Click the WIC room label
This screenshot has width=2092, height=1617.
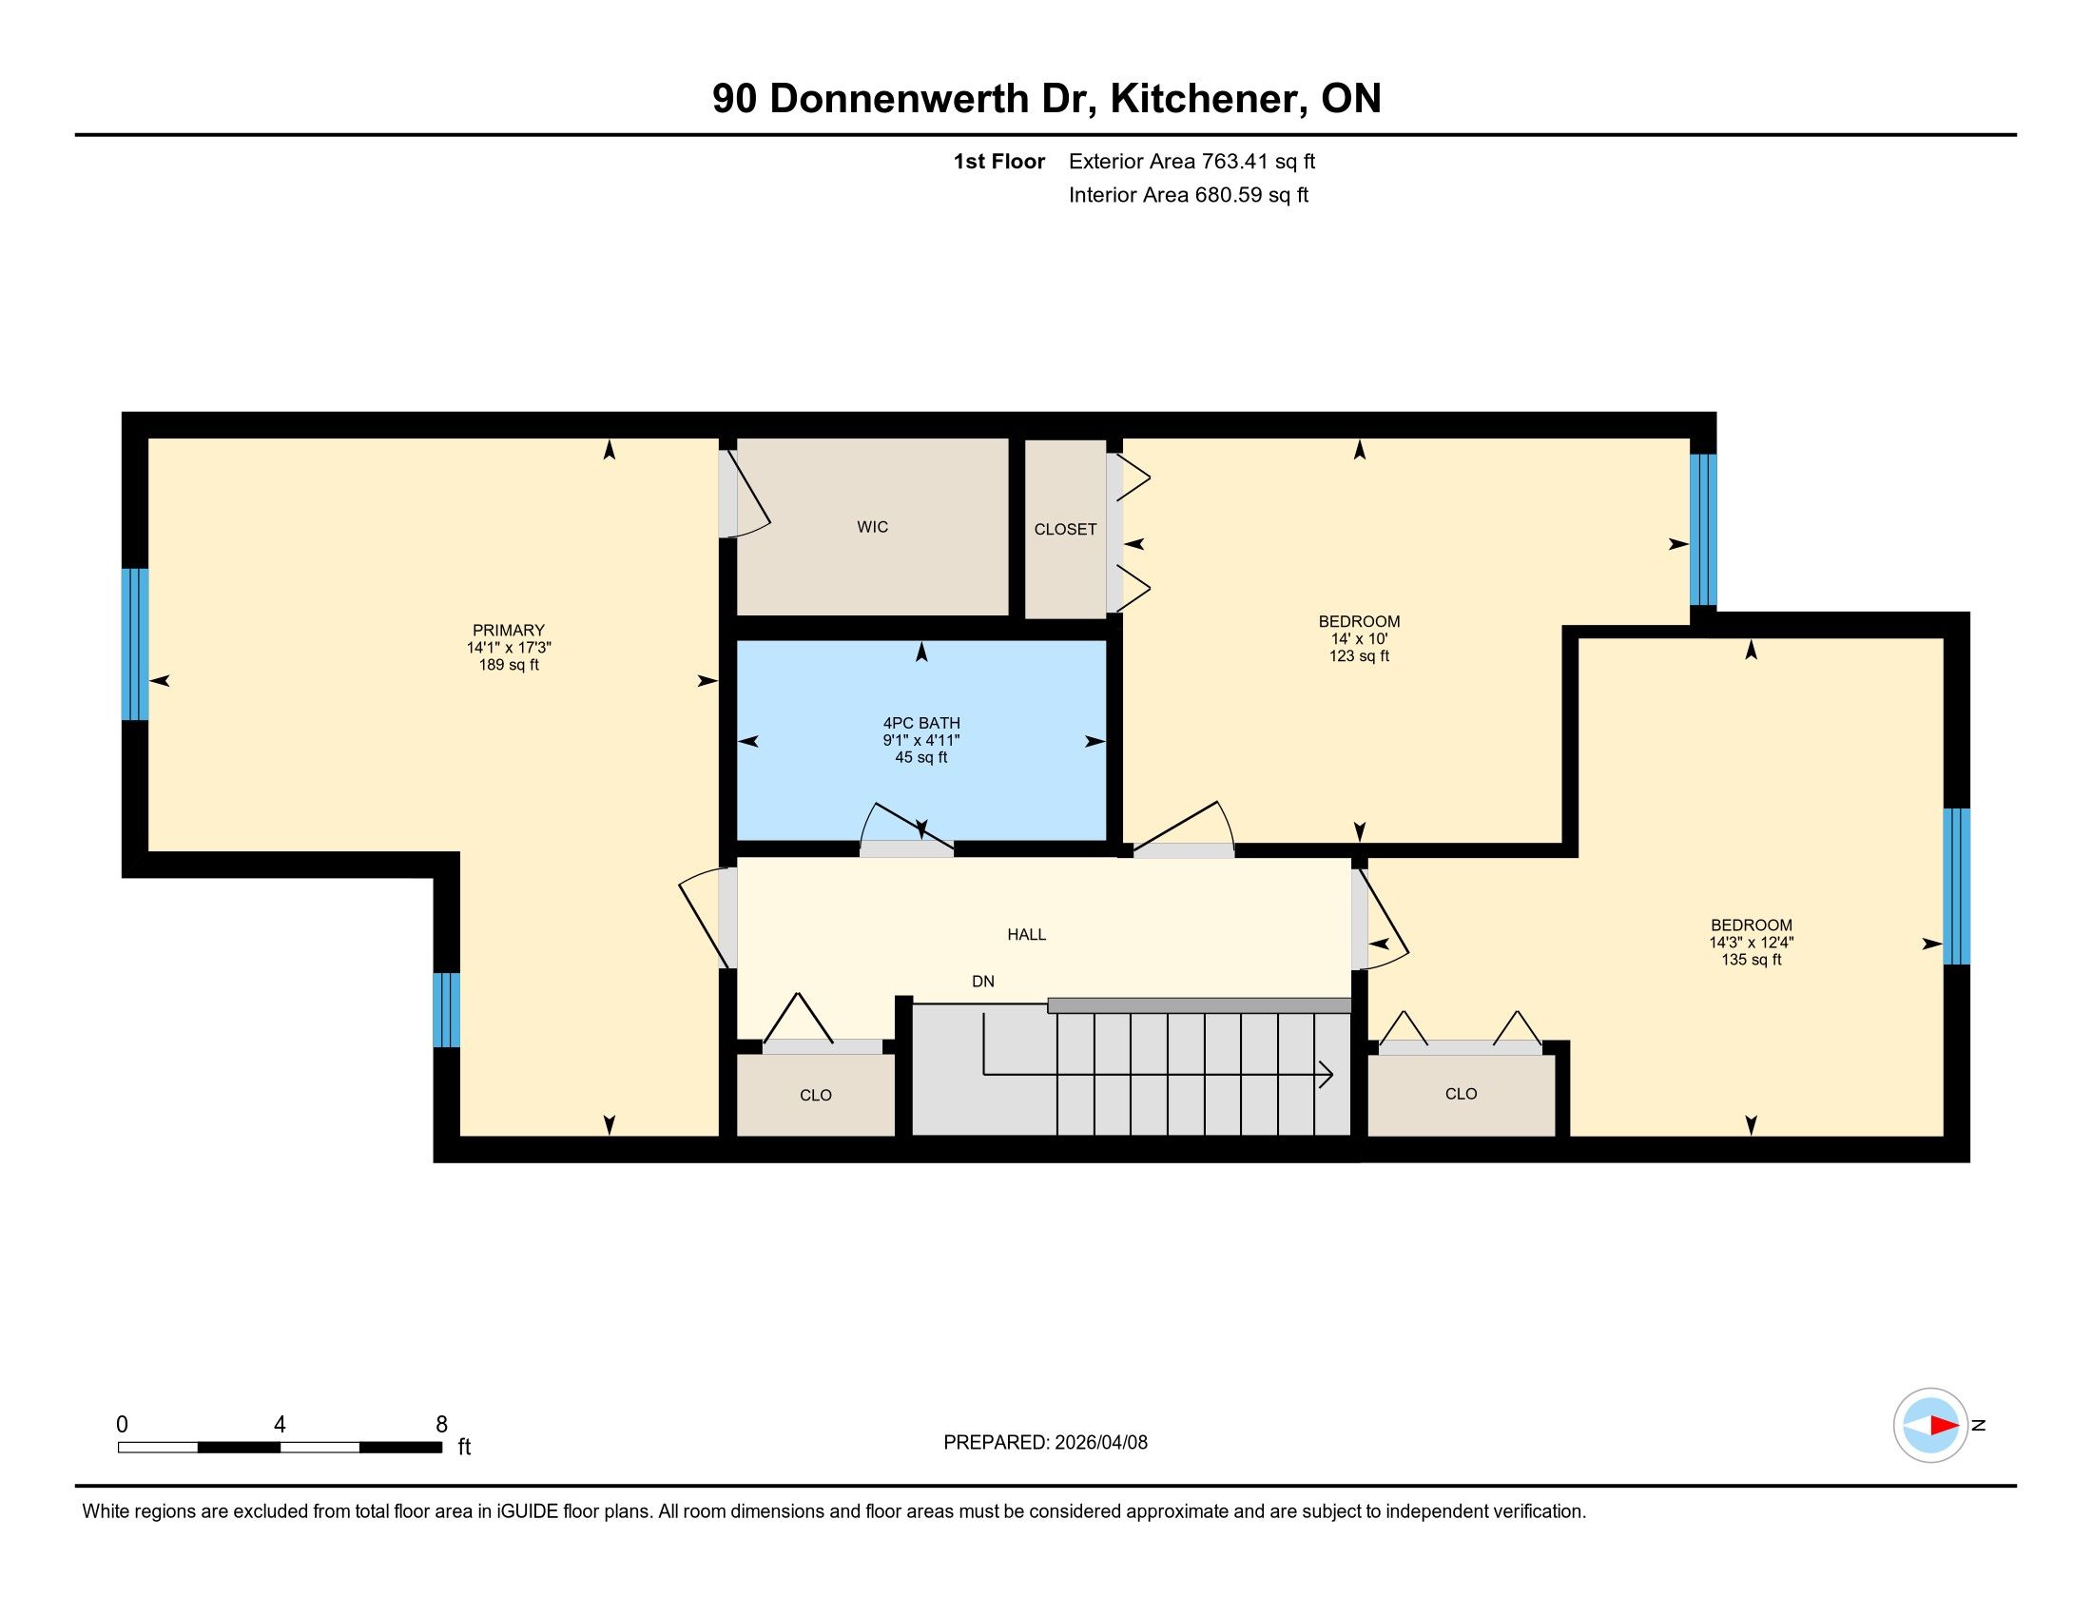pos(873,527)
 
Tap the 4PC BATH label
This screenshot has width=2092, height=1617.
pos(921,723)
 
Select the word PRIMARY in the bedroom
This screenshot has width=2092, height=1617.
pos(509,631)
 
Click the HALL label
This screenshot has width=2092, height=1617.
pos(1027,934)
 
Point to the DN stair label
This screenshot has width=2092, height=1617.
pos(983,981)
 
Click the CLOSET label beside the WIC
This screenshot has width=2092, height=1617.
pos(1065,529)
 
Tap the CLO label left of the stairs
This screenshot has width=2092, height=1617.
pos(816,1095)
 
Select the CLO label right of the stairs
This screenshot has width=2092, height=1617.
pos(1462,1093)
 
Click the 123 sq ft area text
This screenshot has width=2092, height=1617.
pos(1359,656)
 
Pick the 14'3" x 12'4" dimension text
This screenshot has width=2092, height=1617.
pos(1751,943)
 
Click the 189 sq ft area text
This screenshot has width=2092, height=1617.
pos(509,665)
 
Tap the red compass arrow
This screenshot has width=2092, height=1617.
pos(1944,1426)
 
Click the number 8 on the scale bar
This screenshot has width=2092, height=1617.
pos(441,1425)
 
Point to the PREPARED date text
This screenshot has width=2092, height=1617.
pos(1045,1443)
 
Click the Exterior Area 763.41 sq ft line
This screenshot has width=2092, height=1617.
pos(1191,161)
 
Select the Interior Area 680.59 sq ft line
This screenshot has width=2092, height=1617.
pos(1189,194)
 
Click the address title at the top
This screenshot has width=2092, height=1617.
pos(1047,99)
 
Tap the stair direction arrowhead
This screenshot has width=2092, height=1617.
pos(1326,1075)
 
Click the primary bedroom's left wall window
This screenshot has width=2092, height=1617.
pos(135,644)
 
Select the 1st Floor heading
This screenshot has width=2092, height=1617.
pos(999,161)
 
